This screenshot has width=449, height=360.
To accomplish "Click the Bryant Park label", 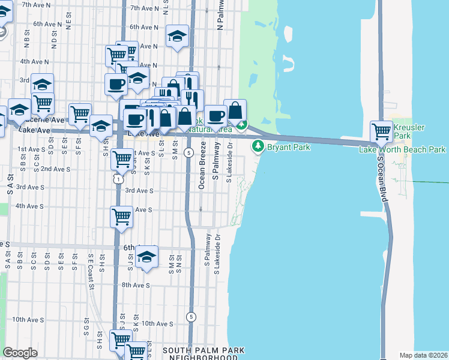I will pyautogui.click(x=284, y=146).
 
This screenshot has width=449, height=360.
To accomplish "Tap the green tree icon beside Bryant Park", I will pyautogui.click(x=258, y=146).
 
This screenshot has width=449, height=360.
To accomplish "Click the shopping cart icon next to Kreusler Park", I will pyautogui.click(x=381, y=131).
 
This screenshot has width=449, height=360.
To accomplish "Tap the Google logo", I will pyautogui.click(x=20, y=353).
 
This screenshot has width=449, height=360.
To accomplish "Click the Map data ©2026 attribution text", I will pyautogui.click(x=423, y=355).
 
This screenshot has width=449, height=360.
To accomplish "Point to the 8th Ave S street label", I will pyautogui.click(x=137, y=285).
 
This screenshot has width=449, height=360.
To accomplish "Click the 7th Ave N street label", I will pyautogui.click(x=143, y=8).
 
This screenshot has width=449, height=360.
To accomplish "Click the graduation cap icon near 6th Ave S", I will pyautogui.click(x=146, y=257).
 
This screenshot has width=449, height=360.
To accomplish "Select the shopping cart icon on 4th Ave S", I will pyautogui.click(x=121, y=217).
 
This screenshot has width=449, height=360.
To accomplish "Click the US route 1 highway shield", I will pyautogui.click(x=119, y=178).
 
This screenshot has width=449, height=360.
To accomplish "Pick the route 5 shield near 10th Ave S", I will pyautogui.click(x=191, y=316).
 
